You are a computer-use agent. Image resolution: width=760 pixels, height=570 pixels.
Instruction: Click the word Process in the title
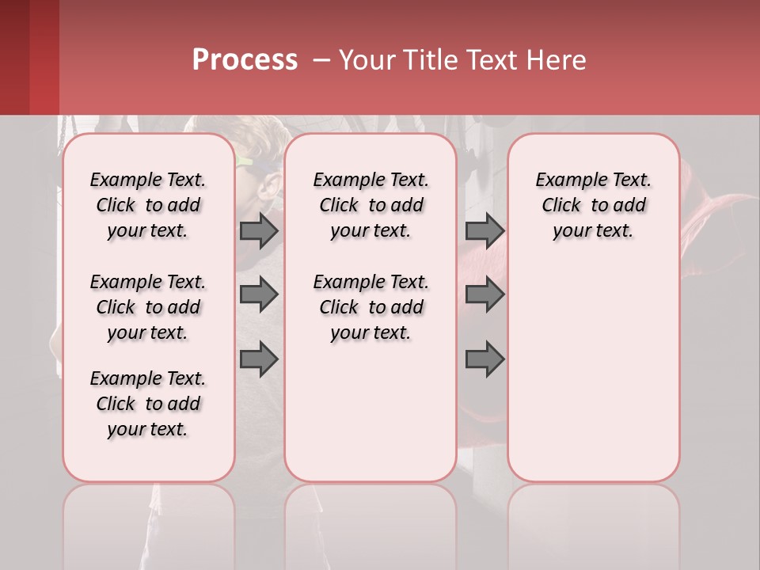tap(245, 60)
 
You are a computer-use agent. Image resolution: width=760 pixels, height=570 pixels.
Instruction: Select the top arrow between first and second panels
tap(259, 230)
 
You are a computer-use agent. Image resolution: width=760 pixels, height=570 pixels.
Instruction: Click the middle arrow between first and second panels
tap(259, 294)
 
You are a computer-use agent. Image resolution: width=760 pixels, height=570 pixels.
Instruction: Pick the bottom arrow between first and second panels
tap(259, 359)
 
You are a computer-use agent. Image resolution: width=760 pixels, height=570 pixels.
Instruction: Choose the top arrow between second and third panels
tap(484, 230)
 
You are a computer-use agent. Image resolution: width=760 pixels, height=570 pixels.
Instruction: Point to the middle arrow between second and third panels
tap(484, 294)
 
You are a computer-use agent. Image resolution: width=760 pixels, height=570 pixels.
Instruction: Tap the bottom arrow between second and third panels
tap(484, 359)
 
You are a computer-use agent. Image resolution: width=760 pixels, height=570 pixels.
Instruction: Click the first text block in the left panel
tap(148, 205)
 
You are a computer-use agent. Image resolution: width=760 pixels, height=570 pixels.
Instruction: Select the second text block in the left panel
tap(148, 307)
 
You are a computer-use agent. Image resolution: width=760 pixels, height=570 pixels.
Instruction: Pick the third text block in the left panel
tap(148, 404)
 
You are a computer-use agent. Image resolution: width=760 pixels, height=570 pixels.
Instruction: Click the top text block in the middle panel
tap(371, 205)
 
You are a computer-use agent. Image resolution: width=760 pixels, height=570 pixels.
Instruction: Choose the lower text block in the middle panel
tap(371, 307)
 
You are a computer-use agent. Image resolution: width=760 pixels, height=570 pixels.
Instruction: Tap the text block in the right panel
tap(594, 205)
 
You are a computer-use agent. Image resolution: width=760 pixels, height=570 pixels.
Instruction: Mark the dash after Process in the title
tap(321, 61)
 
